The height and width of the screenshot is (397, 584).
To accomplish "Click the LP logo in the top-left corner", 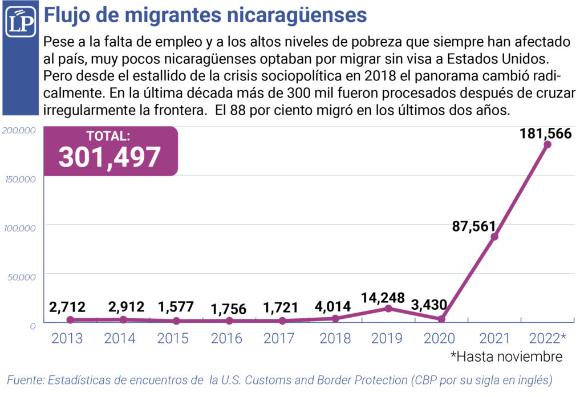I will [21, 22].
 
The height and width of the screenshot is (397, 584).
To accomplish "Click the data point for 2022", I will [547, 144].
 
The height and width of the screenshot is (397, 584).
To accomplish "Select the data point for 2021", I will [494, 237].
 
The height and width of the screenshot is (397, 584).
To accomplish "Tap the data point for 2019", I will [388, 309].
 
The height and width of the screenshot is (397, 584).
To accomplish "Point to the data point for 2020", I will [441, 319].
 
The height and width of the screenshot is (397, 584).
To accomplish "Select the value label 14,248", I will [383, 298].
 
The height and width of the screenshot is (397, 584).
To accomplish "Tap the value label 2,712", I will [67, 308].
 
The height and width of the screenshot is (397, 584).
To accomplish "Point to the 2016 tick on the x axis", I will [226, 338].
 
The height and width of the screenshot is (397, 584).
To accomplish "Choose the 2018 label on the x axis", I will [335, 338].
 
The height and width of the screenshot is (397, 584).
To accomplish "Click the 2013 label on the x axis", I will [67, 338].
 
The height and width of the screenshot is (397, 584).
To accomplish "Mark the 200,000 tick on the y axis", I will [19, 131].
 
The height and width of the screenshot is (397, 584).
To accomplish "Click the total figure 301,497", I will [109, 156].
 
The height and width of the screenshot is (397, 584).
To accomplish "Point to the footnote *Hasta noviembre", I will [506, 357].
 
